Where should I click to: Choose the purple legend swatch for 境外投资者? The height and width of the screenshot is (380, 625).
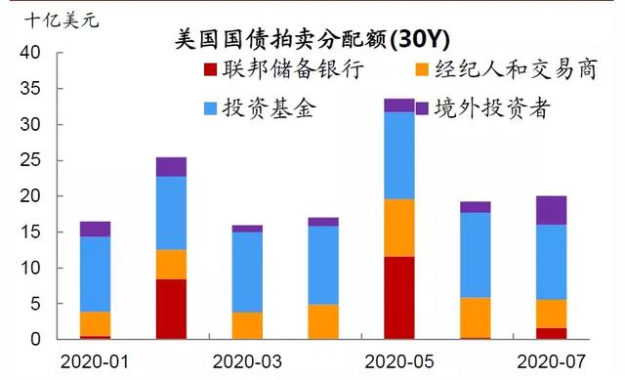point(422,106)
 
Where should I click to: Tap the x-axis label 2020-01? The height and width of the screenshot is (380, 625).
point(95,359)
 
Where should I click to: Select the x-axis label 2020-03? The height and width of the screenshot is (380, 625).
point(247,359)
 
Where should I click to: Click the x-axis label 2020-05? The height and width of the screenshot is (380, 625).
point(399,359)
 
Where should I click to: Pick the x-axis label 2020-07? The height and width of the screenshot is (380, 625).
point(551,359)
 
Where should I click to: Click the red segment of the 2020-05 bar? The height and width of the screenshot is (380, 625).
point(399,298)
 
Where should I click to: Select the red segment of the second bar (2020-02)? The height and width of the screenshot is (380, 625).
point(171,309)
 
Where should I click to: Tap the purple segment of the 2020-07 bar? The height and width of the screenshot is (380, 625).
point(551,210)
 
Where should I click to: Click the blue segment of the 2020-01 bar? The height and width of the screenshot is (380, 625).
point(95,274)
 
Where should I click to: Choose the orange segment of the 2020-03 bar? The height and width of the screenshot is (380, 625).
point(247,325)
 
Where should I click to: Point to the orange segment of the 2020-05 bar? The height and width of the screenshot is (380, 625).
point(399,228)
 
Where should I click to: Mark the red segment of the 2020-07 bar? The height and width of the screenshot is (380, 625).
point(551,333)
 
